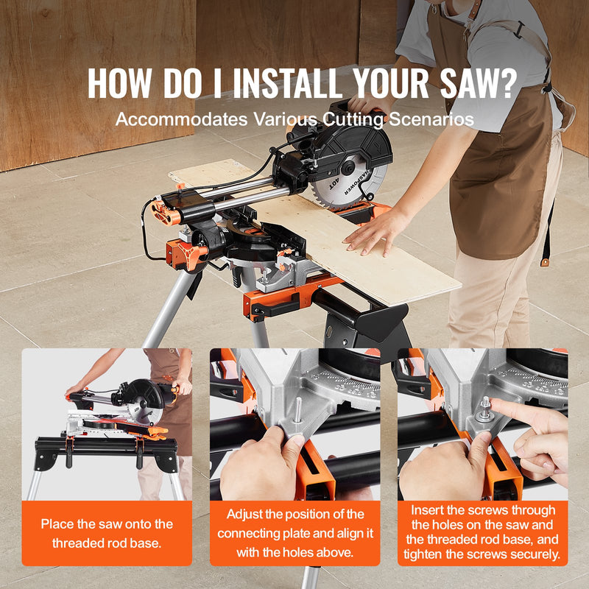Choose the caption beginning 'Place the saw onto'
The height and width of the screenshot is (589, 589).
pyautogui.click(x=107, y=534)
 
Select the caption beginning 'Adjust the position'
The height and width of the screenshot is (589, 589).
pyautogui.click(x=294, y=534)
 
